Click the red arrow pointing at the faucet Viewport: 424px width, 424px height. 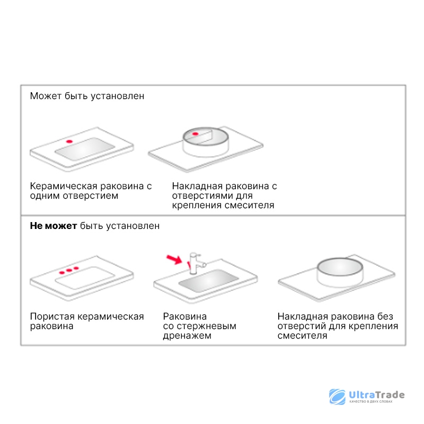[x=174, y=259]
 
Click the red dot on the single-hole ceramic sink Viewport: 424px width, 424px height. [x=69, y=142]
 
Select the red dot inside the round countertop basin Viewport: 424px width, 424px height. [x=195, y=134]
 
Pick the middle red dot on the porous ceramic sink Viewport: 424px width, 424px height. [x=69, y=270]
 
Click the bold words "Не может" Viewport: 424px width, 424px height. [x=54, y=226]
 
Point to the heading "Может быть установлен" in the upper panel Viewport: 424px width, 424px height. [x=87, y=96]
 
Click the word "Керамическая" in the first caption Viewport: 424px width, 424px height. [x=64, y=186]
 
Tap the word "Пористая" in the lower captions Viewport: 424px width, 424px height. [x=52, y=316]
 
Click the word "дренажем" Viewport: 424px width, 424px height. [x=187, y=335]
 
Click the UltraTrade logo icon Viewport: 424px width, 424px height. [x=337, y=396]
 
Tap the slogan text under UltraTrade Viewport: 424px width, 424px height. [x=370, y=402]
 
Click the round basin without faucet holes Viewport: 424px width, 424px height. [x=340, y=272]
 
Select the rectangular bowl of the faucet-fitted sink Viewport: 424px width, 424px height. [x=208, y=280]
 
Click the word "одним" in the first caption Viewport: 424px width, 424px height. [x=45, y=196]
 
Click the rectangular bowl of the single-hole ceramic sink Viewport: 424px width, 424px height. [x=85, y=149]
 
